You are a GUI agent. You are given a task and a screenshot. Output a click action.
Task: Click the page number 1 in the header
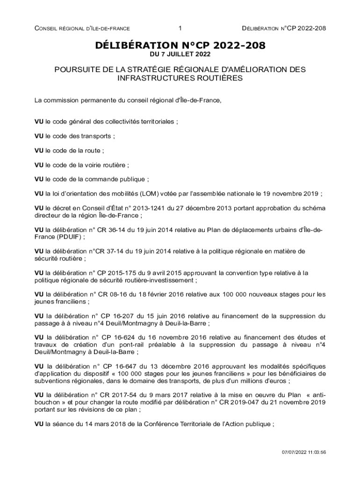tap(180, 29)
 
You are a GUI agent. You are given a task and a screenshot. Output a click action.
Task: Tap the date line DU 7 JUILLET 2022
tap(180, 54)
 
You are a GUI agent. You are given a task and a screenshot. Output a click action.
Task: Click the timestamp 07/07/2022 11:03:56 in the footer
tap(303, 452)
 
